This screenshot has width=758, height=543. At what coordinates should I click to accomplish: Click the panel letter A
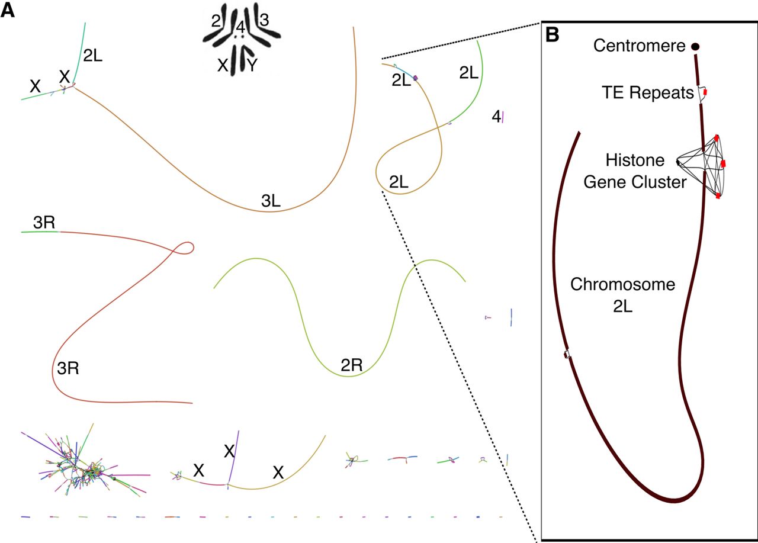click(8, 11)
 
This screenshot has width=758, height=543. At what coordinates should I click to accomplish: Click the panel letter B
click(553, 35)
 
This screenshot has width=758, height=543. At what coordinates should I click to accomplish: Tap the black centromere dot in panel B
click(695, 47)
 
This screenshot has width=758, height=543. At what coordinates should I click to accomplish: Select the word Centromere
click(639, 46)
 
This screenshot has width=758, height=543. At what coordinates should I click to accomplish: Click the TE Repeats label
click(648, 92)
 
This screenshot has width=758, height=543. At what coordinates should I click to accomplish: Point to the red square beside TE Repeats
click(705, 92)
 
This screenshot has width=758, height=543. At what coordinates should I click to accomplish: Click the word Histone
click(635, 160)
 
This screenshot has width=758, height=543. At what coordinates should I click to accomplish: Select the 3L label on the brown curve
click(271, 201)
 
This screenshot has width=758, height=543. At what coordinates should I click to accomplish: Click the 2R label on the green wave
click(351, 365)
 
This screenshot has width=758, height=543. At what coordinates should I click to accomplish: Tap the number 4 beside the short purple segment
click(496, 117)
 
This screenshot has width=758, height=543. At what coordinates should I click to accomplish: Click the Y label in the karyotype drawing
click(252, 65)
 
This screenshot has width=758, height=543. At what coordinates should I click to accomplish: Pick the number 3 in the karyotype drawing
click(264, 20)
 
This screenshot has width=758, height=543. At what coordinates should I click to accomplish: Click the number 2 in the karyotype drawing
click(216, 21)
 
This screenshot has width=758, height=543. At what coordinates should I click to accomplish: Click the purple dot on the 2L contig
click(416, 78)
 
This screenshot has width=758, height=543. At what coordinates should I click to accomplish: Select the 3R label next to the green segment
click(44, 222)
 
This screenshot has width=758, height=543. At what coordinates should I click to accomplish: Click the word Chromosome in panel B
click(622, 284)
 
